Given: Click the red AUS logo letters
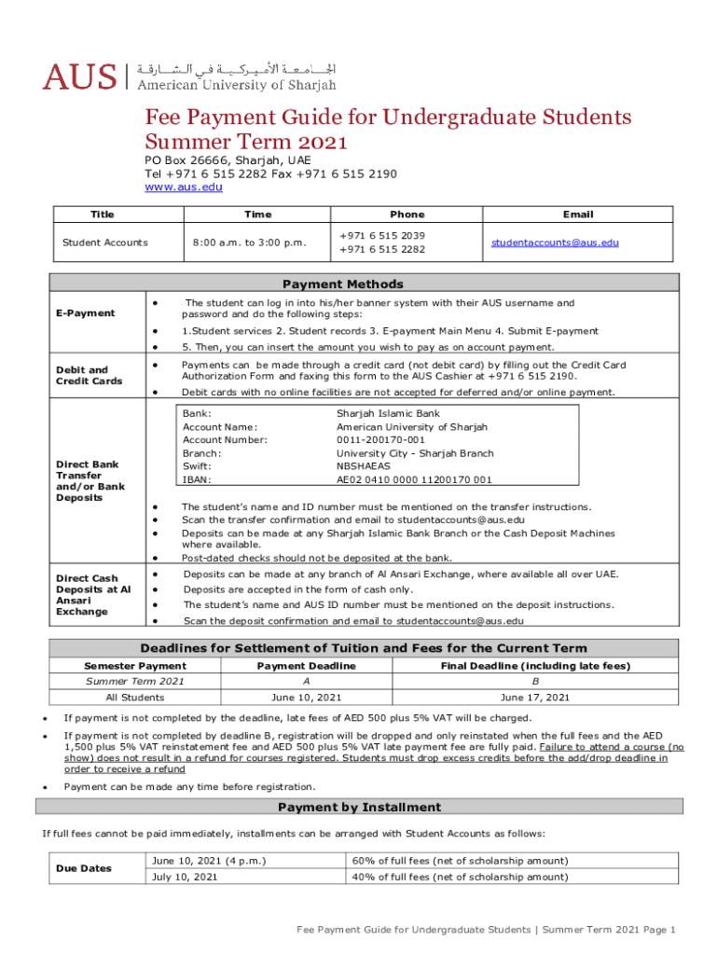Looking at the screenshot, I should [x=79, y=76].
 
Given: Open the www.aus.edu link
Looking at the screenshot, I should [x=183, y=187].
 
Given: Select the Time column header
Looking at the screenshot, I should [x=258, y=215].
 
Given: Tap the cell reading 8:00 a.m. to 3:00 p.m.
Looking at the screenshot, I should [x=249, y=242].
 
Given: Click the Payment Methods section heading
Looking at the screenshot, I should [x=343, y=284].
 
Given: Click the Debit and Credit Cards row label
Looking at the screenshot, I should [x=82, y=375].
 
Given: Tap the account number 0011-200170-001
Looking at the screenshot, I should [x=380, y=439].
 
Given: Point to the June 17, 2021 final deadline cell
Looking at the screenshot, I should [x=534, y=697].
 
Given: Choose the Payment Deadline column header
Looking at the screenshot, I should [x=306, y=666].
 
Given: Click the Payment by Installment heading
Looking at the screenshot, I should [x=359, y=807].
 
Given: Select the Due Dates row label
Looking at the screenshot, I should [x=84, y=868].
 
